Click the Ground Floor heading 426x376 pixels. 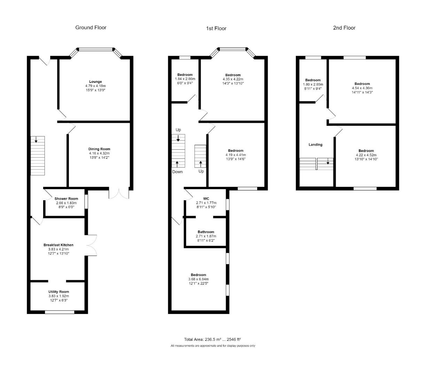[91, 28]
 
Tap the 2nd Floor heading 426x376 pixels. [344, 28]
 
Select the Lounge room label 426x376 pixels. [95, 82]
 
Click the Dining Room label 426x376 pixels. [99, 149]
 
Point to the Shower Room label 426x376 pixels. [66, 199]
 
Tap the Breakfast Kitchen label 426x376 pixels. [58, 245]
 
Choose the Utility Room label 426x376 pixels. [58, 292]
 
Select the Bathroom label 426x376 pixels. [206, 232]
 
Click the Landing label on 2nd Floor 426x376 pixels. [315, 144]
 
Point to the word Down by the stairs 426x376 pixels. [177, 172]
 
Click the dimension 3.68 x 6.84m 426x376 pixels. [198, 279]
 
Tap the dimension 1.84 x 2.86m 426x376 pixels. [185, 79]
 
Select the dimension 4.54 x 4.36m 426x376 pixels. [362, 88]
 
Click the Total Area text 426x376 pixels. [213, 339]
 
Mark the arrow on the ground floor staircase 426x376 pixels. [36, 140]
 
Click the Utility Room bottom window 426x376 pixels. [60, 312]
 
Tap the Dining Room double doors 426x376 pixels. [119, 194]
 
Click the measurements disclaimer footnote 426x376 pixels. [213, 346]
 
